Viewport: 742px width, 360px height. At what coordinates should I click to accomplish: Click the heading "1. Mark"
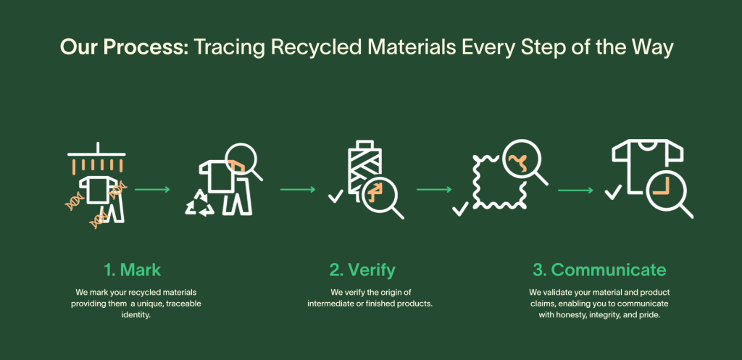coord(133,270)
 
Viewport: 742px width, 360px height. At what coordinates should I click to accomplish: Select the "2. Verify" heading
coord(362,270)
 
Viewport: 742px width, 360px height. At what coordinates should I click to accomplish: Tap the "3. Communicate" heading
coord(599,270)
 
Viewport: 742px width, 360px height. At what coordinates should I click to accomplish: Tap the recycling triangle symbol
coord(200,204)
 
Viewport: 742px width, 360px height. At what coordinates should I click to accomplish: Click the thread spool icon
coord(364,168)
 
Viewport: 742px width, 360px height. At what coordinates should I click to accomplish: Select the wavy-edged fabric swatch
coord(496,182)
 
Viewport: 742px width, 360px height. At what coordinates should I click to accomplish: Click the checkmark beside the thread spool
coord(335,196)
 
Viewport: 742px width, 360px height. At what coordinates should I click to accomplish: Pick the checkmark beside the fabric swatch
coord(460,208)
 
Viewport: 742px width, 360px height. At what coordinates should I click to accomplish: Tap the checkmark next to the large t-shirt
coord(613,192)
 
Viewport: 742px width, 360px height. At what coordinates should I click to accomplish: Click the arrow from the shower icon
coord(152,190)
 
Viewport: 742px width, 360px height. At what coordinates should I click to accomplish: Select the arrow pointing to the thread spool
coord(298,190)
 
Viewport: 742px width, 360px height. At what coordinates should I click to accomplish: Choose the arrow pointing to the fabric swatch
coord(434,190)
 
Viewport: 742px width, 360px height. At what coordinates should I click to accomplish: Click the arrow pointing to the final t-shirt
coord(575,191)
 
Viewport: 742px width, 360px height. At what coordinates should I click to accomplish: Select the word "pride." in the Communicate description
coord(651,314)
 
